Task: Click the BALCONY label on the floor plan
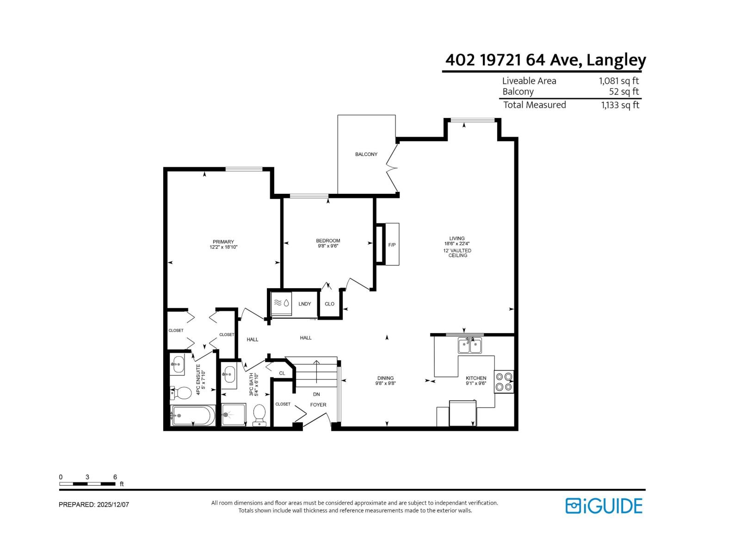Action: [x=366, y=154]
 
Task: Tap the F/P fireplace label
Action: [x=392, y=245]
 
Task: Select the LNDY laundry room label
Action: [x=305, y=304]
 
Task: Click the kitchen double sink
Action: [x=469, y=345]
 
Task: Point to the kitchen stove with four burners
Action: [x=504, y=382]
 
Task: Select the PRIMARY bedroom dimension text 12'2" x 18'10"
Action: [x=223, y=247]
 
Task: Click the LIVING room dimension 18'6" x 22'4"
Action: [x=457, y=244]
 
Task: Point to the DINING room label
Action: [x=385, y=378]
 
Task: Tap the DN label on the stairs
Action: [x=316, y=395]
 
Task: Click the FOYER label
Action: [x=318, y=405]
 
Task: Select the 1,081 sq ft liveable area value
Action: [x=619, y=81]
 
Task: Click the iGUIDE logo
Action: [x=604, y=506]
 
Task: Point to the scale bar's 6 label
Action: [x=115, y=477]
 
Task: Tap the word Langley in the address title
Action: [x=616, y=61]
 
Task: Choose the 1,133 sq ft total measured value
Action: [x=620, y=105]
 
